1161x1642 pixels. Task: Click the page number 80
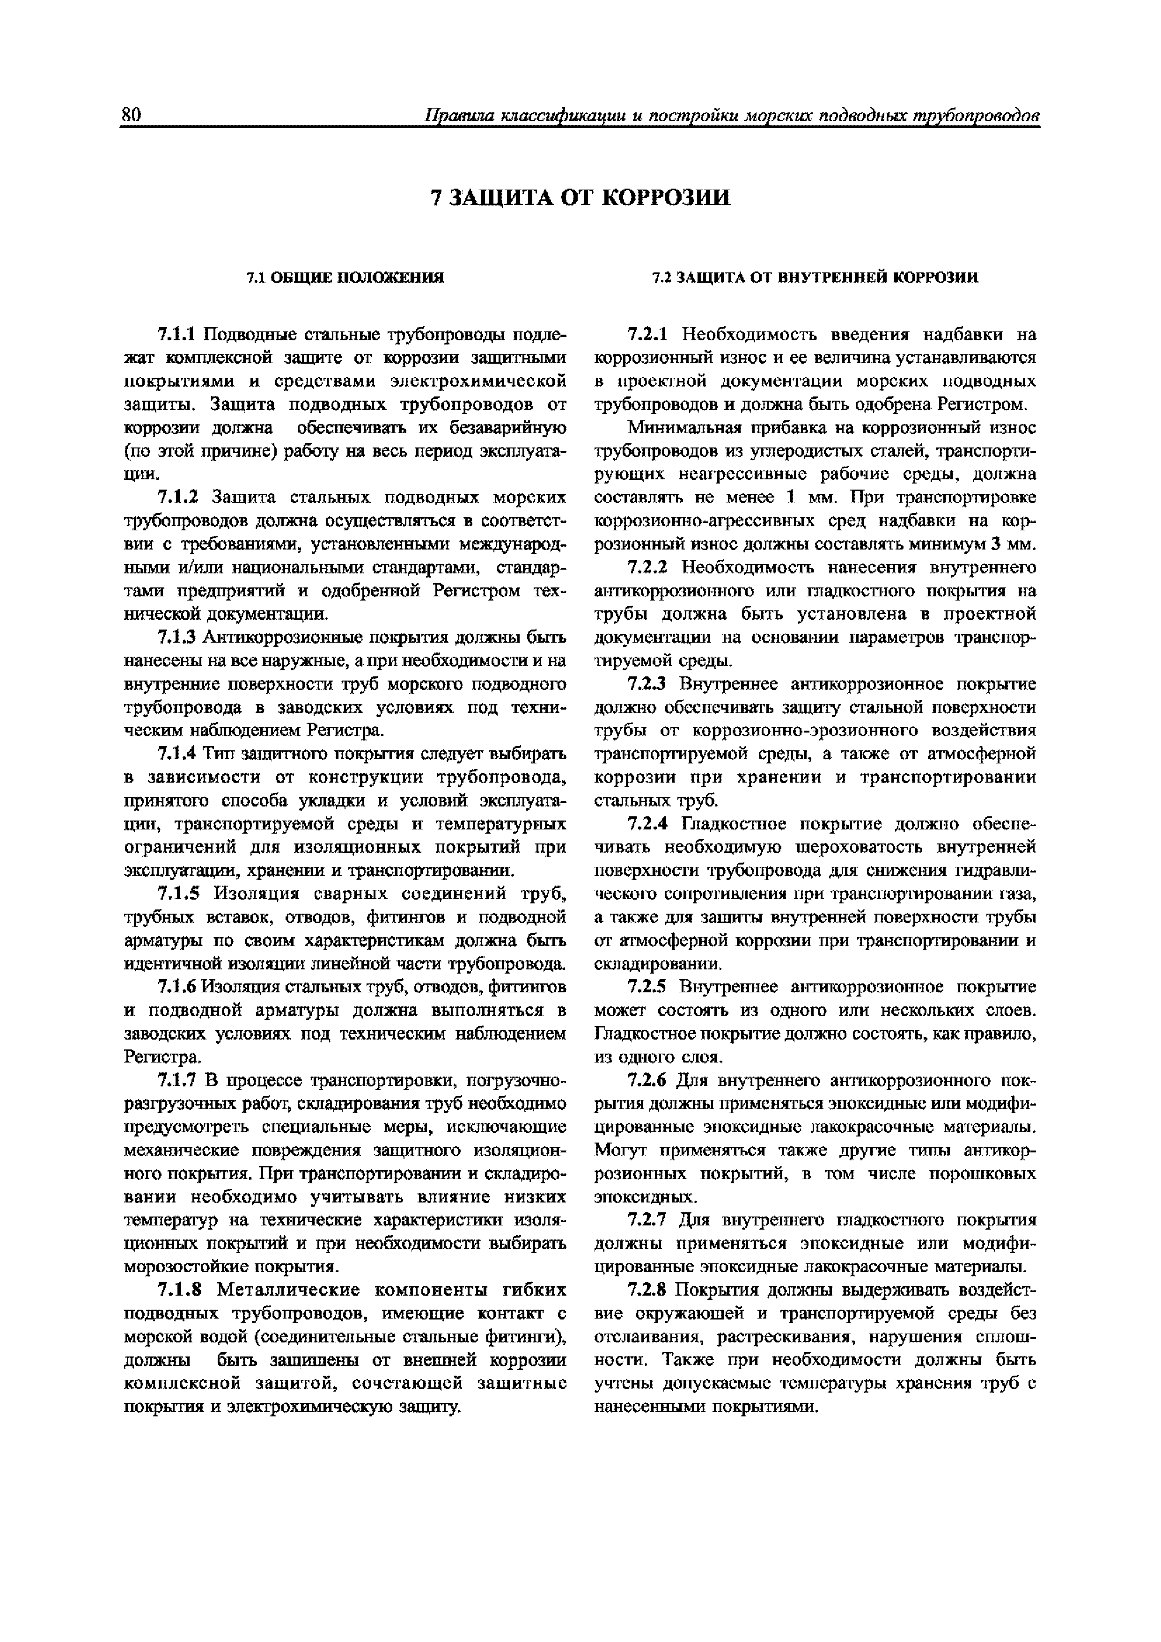tap(132, 115)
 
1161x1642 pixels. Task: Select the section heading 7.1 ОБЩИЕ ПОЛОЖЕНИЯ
tap(345, 278)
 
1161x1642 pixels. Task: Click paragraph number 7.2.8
tap(647, 1290)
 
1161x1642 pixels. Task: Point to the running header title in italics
tap(731, 115)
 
